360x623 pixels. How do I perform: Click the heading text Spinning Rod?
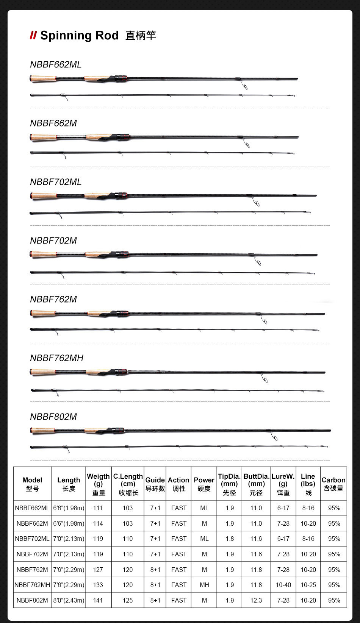(x=79, y=36)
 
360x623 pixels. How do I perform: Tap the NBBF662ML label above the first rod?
(x=56, y=64)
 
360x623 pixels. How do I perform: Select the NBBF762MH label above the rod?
(x=56, y=358)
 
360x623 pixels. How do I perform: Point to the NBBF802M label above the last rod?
(x=53, y=417)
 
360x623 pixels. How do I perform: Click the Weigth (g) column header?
(x=98, y=484)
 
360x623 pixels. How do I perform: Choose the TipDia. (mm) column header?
(x=229, y=484)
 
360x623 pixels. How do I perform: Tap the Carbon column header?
(x=333, y=484)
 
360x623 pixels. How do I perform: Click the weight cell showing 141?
(x=98, y=600)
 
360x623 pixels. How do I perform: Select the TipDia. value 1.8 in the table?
(x=230, y=539)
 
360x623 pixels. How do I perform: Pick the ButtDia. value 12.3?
(x=256, y=600)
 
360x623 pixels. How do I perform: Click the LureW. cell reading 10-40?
(x=283, y=585)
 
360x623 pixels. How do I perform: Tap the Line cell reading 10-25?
(x=308, y=585)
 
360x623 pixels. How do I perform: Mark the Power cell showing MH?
(x=204, y=585)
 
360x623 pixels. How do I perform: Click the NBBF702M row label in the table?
(x=32, y=554)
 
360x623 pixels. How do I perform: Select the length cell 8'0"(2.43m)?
(x=69, y=600)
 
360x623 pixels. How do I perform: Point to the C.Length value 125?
(x=128, y=600)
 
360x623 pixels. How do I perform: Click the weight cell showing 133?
(x=98, y=585)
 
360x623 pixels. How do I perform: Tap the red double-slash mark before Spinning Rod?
(x=33, y=36)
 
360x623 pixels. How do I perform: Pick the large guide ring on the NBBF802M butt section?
(x=275, y=438)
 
